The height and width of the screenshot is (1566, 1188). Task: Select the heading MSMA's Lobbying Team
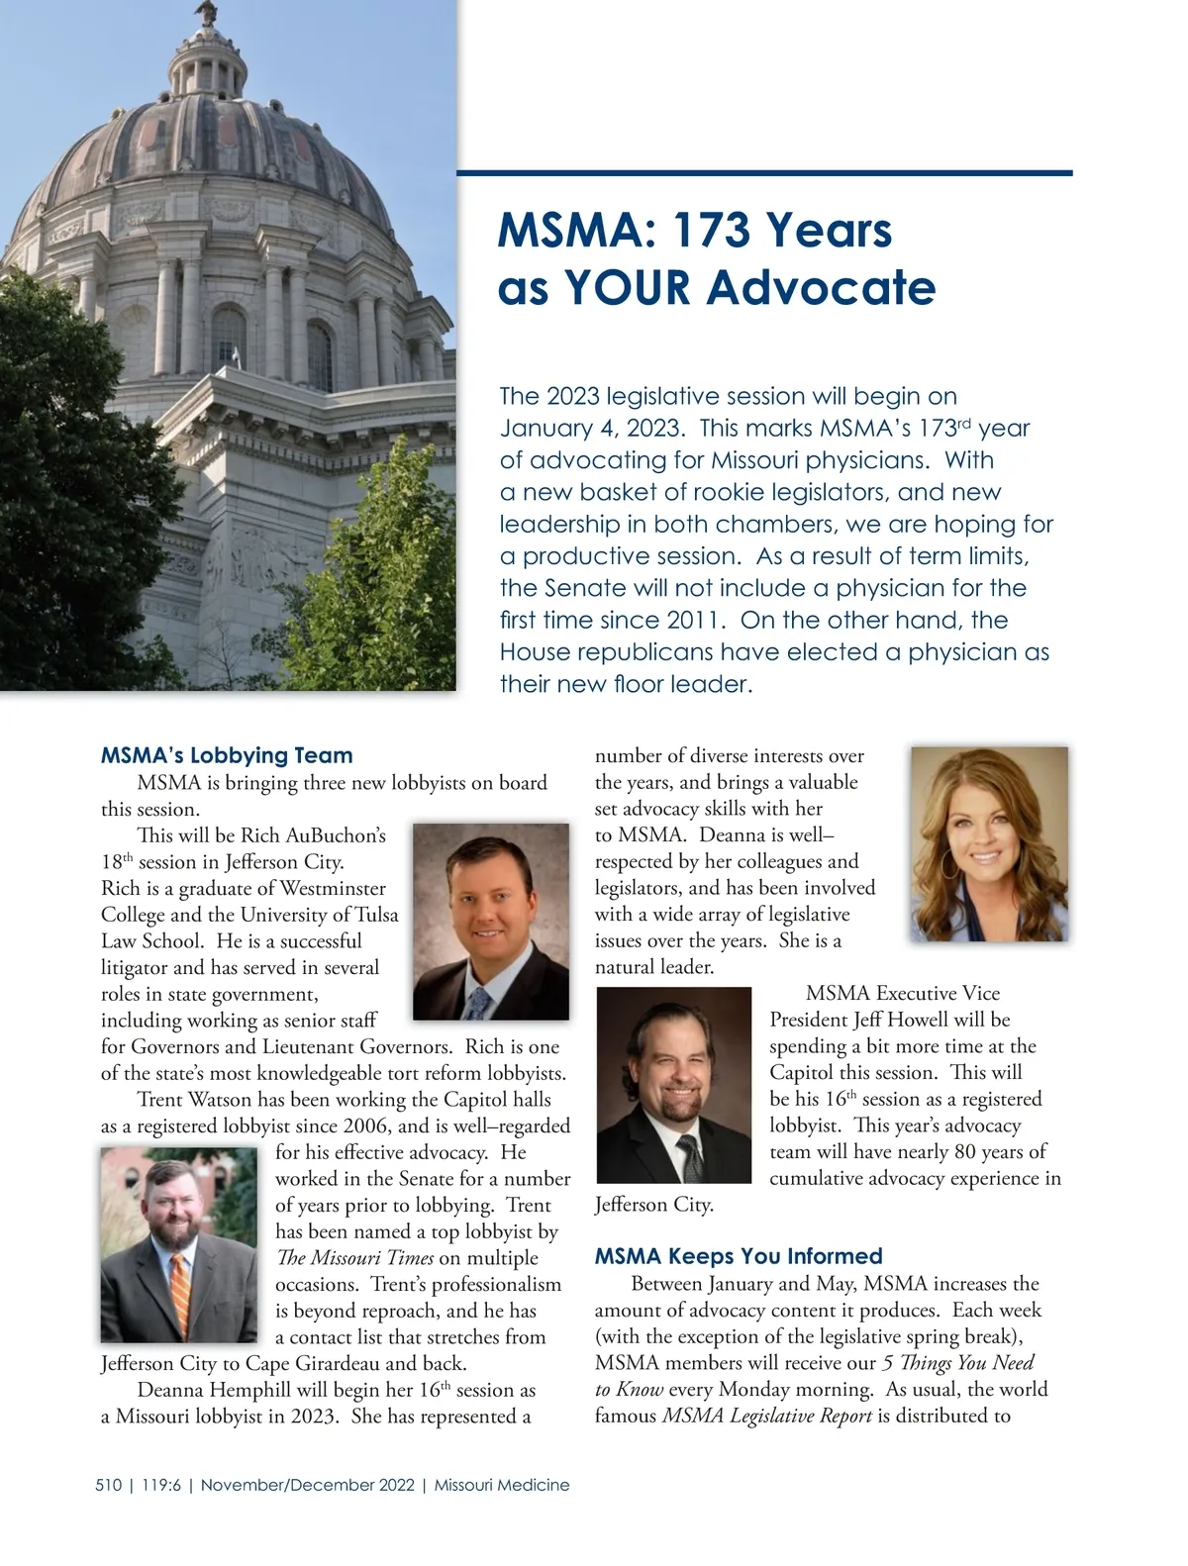tap(227, 755)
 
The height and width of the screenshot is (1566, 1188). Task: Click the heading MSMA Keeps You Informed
tap(738, 1256)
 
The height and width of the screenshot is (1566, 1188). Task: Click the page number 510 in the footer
tap(109, 1485)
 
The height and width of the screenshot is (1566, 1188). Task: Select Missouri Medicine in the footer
tap(502, 1485)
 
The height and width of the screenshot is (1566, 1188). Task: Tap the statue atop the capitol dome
tap(206, 12)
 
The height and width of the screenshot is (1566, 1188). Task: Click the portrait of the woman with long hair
tap(989, 843)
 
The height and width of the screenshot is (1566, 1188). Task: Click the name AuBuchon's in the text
tap(336, 835)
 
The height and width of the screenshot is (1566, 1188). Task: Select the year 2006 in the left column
tap(367, 1126)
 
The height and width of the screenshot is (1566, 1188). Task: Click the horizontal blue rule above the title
tap(764, 173)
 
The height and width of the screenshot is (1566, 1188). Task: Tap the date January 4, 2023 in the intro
tap(591, 429)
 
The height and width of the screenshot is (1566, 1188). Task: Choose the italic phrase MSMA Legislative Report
tap(766, 1417)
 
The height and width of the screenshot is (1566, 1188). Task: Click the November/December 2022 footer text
tap(307, 1485)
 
